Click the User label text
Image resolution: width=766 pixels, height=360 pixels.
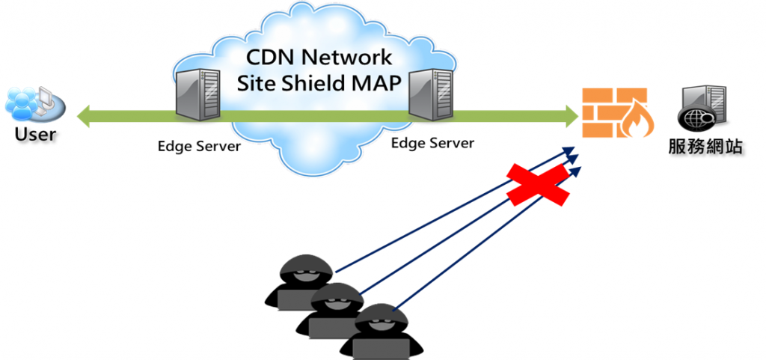[x=35, y=135]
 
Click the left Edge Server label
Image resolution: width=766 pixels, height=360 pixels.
[x=199, y=146]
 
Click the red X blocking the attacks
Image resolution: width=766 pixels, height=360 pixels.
[x=538, y=183]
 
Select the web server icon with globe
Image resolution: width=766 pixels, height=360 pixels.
[x=702, y=109]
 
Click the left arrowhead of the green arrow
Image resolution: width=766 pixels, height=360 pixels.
[x=85, y=116]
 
